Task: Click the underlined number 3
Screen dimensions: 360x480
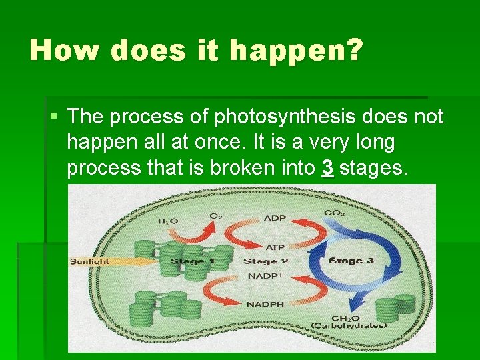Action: tap(327, 168)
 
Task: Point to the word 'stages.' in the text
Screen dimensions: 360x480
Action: tap(373, 169)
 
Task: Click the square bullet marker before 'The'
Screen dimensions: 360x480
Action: tap(53, 117)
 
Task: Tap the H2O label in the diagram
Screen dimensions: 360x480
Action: tap(168, 221)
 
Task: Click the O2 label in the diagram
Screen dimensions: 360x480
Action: tap(216, 216)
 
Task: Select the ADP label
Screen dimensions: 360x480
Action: tap(275, 218)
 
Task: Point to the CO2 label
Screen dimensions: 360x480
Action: tap(335, 213)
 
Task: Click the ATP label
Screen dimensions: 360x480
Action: tap(275, 247)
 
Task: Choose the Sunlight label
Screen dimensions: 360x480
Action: tap(89, 261)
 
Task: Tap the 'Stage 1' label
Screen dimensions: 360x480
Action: tap(192, 261)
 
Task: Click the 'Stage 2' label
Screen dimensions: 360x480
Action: tap(265, 261)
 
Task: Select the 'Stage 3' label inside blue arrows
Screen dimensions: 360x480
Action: tap(351, 261)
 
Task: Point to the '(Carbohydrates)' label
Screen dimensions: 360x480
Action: tap(348, 326)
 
